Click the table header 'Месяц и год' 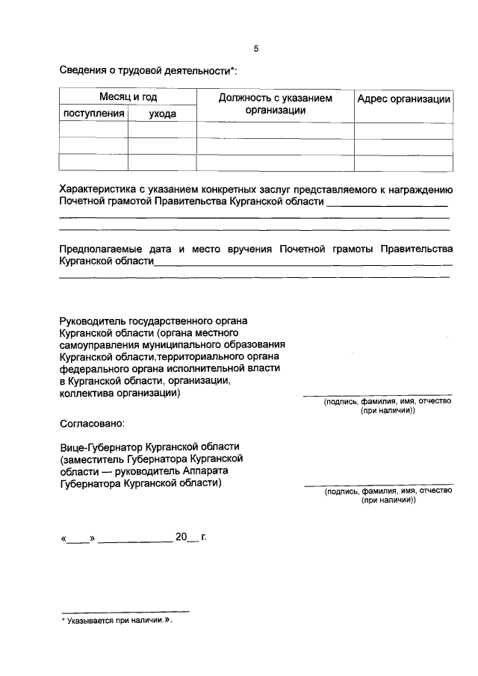pos(128,98)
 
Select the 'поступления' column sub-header pos(93,114)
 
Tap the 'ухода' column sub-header pos(162,114)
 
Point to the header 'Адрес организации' pos(403,99)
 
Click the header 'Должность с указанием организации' pos(275,104)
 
